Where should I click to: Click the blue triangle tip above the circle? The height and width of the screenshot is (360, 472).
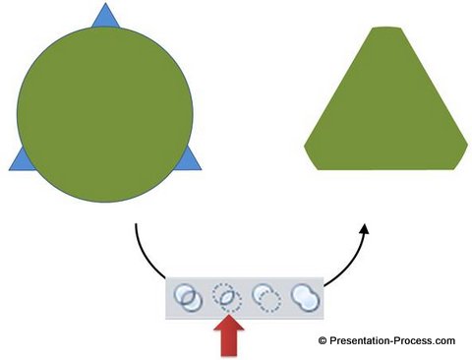(103, 16)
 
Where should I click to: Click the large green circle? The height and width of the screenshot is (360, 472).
(103, 113)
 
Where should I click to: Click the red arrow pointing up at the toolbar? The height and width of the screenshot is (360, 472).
(229, 334)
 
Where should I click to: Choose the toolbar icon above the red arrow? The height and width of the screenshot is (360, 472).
(229, 296)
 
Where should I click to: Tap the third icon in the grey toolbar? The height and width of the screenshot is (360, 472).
(266, 296)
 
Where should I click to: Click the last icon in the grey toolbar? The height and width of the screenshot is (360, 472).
(306, 296)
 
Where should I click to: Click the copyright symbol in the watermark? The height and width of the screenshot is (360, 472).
(322, 341)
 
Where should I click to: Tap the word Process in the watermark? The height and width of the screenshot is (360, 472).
(414, 341)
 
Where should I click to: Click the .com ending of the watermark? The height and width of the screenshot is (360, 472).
(444, 341)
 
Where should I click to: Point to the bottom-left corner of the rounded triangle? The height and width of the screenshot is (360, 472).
(313, 161)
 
